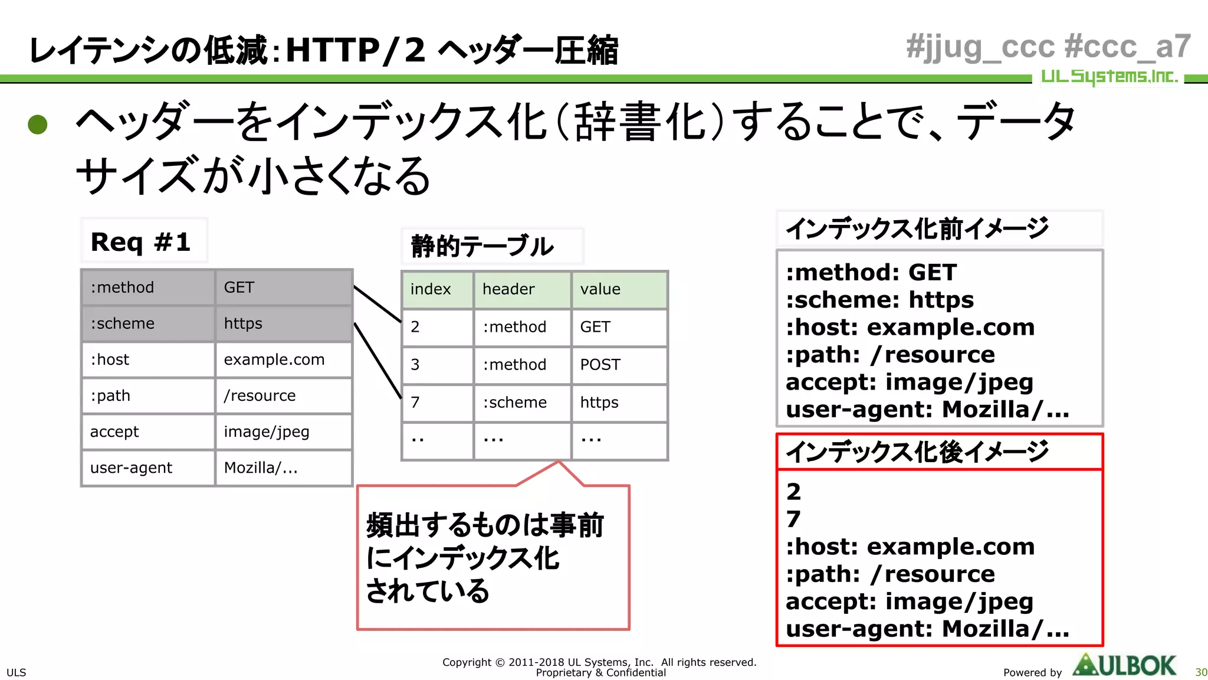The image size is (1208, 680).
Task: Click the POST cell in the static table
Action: (x=619, y=365)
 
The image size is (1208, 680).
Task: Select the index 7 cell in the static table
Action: (x=437, y=403)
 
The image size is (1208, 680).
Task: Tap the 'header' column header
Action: (x=521, y=289)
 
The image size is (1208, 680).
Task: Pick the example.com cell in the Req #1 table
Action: (x=283, y=359)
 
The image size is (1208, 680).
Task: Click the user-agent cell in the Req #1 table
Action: (x=148, y=468)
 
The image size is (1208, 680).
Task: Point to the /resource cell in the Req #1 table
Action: (x=283, y=395)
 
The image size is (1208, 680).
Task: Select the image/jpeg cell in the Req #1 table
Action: (x=283, y=431)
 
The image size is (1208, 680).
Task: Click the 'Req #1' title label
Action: (x=142, y=241)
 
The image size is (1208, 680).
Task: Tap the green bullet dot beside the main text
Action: (x=38, y=124)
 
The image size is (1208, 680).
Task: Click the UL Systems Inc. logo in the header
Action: (x=1109, y=77)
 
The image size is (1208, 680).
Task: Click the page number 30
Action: (x=1201, y=672)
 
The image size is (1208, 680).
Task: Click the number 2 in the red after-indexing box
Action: (x=794, y=492)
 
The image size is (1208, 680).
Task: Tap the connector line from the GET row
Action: (x=377, y=304)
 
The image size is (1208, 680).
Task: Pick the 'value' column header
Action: (x=619, y=289)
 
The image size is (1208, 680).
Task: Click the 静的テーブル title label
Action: (x=482, y=246)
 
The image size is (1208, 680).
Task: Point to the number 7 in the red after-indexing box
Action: (x=794, y=519)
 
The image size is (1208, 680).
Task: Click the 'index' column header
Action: (x=437, y=289)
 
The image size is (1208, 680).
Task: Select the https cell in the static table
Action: (x=619, y=403)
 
